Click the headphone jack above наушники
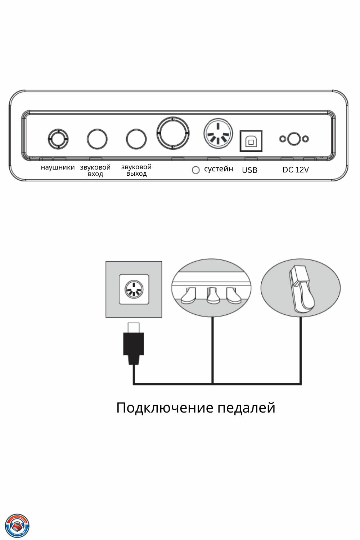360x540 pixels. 58,138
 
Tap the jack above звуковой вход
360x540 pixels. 97,139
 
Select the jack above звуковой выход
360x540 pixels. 136,139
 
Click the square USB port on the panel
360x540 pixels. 251,141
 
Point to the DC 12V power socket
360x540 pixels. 294,139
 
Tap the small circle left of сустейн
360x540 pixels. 195,170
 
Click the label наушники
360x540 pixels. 58,167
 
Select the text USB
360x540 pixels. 249,170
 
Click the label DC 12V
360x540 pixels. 295,170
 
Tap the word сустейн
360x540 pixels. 219,169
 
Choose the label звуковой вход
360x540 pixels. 95,170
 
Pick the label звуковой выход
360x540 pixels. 136,170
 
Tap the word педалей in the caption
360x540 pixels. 247,408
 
